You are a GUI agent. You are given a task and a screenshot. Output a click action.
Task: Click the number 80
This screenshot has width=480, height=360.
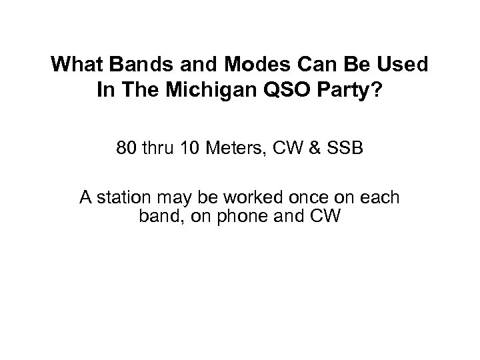click(x=125, y=149)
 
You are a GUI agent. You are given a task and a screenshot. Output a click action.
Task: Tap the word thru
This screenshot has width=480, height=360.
click(x=159, y=149)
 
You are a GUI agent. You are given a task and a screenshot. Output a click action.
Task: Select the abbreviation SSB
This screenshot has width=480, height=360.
click(x=345, y=149)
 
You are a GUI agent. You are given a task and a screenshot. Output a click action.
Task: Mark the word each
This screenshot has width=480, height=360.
click(x=381, y=198)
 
